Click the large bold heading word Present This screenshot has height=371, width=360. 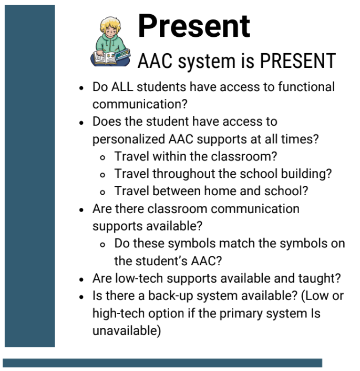pyautogui.click(x=194, y=25)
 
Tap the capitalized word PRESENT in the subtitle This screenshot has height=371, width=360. pyautogui.click(x=297, y=61)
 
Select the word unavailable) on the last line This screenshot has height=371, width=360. pyautogui.click(x=127, y=330)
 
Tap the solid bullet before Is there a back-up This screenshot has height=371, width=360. pyautogui.click(x=81, y=296)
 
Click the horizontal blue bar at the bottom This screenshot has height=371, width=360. pyautogui.click(x=162, y=363)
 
